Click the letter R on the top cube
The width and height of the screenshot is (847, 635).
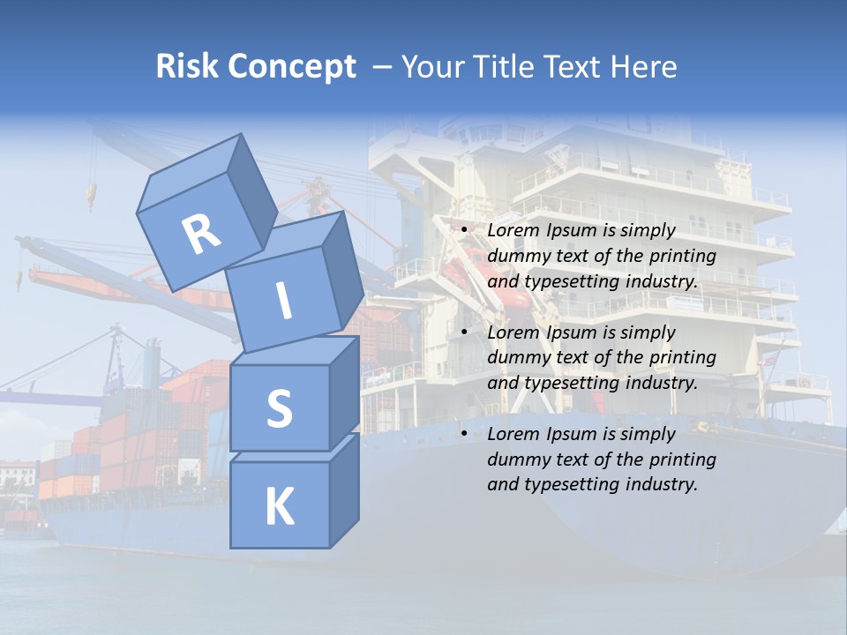point(201,234)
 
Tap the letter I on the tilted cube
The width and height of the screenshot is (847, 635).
point(283,301)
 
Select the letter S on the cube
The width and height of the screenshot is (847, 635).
point(279,409)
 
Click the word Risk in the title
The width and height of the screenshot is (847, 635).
point(186,67)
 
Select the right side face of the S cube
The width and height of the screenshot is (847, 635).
point(344,392)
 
